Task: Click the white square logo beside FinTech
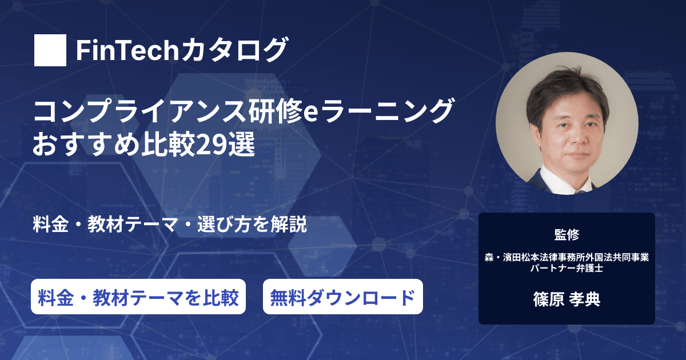click(x=50, y=50)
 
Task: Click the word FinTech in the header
click(x=127, y=50)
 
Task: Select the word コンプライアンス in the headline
click(x=140, y=111)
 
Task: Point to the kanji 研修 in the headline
click(x=276, y=111)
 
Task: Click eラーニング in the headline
click(x=378, y=111)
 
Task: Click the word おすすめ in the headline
click(x=86, y=144)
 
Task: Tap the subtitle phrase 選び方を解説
click(x=252, y=225)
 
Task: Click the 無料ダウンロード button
click(x=342, y=297)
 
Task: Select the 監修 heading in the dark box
click(x=567, y=235)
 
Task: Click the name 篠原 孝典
click(x=567, y=299)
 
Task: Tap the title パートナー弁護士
click(x=567, y=268)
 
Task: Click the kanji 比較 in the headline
click(x=168, y=144)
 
